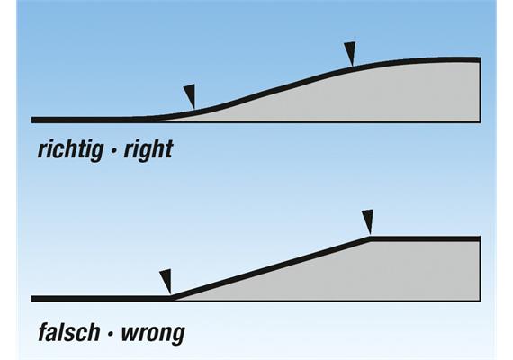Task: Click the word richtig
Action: pos(69,150)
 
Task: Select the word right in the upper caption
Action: pos(148,150)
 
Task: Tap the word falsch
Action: pos(69,332)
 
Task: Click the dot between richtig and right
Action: pos(113,151)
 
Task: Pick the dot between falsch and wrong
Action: pos(111,334)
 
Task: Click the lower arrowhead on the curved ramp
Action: pos(190,94)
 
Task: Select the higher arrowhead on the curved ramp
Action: pos(350,53)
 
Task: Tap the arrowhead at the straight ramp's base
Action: pos(166,281)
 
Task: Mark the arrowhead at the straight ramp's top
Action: pos(368,220)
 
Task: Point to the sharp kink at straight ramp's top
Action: pos(371,238)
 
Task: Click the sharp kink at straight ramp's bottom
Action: pos(172,298)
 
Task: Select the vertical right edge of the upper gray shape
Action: pos(481,90)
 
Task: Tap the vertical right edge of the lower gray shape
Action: pos(481,269)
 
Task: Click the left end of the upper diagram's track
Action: pos(31,120)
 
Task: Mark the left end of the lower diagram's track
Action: pos(31,299)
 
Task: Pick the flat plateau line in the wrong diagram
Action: pos(426,238)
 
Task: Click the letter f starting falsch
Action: pos(43,332)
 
